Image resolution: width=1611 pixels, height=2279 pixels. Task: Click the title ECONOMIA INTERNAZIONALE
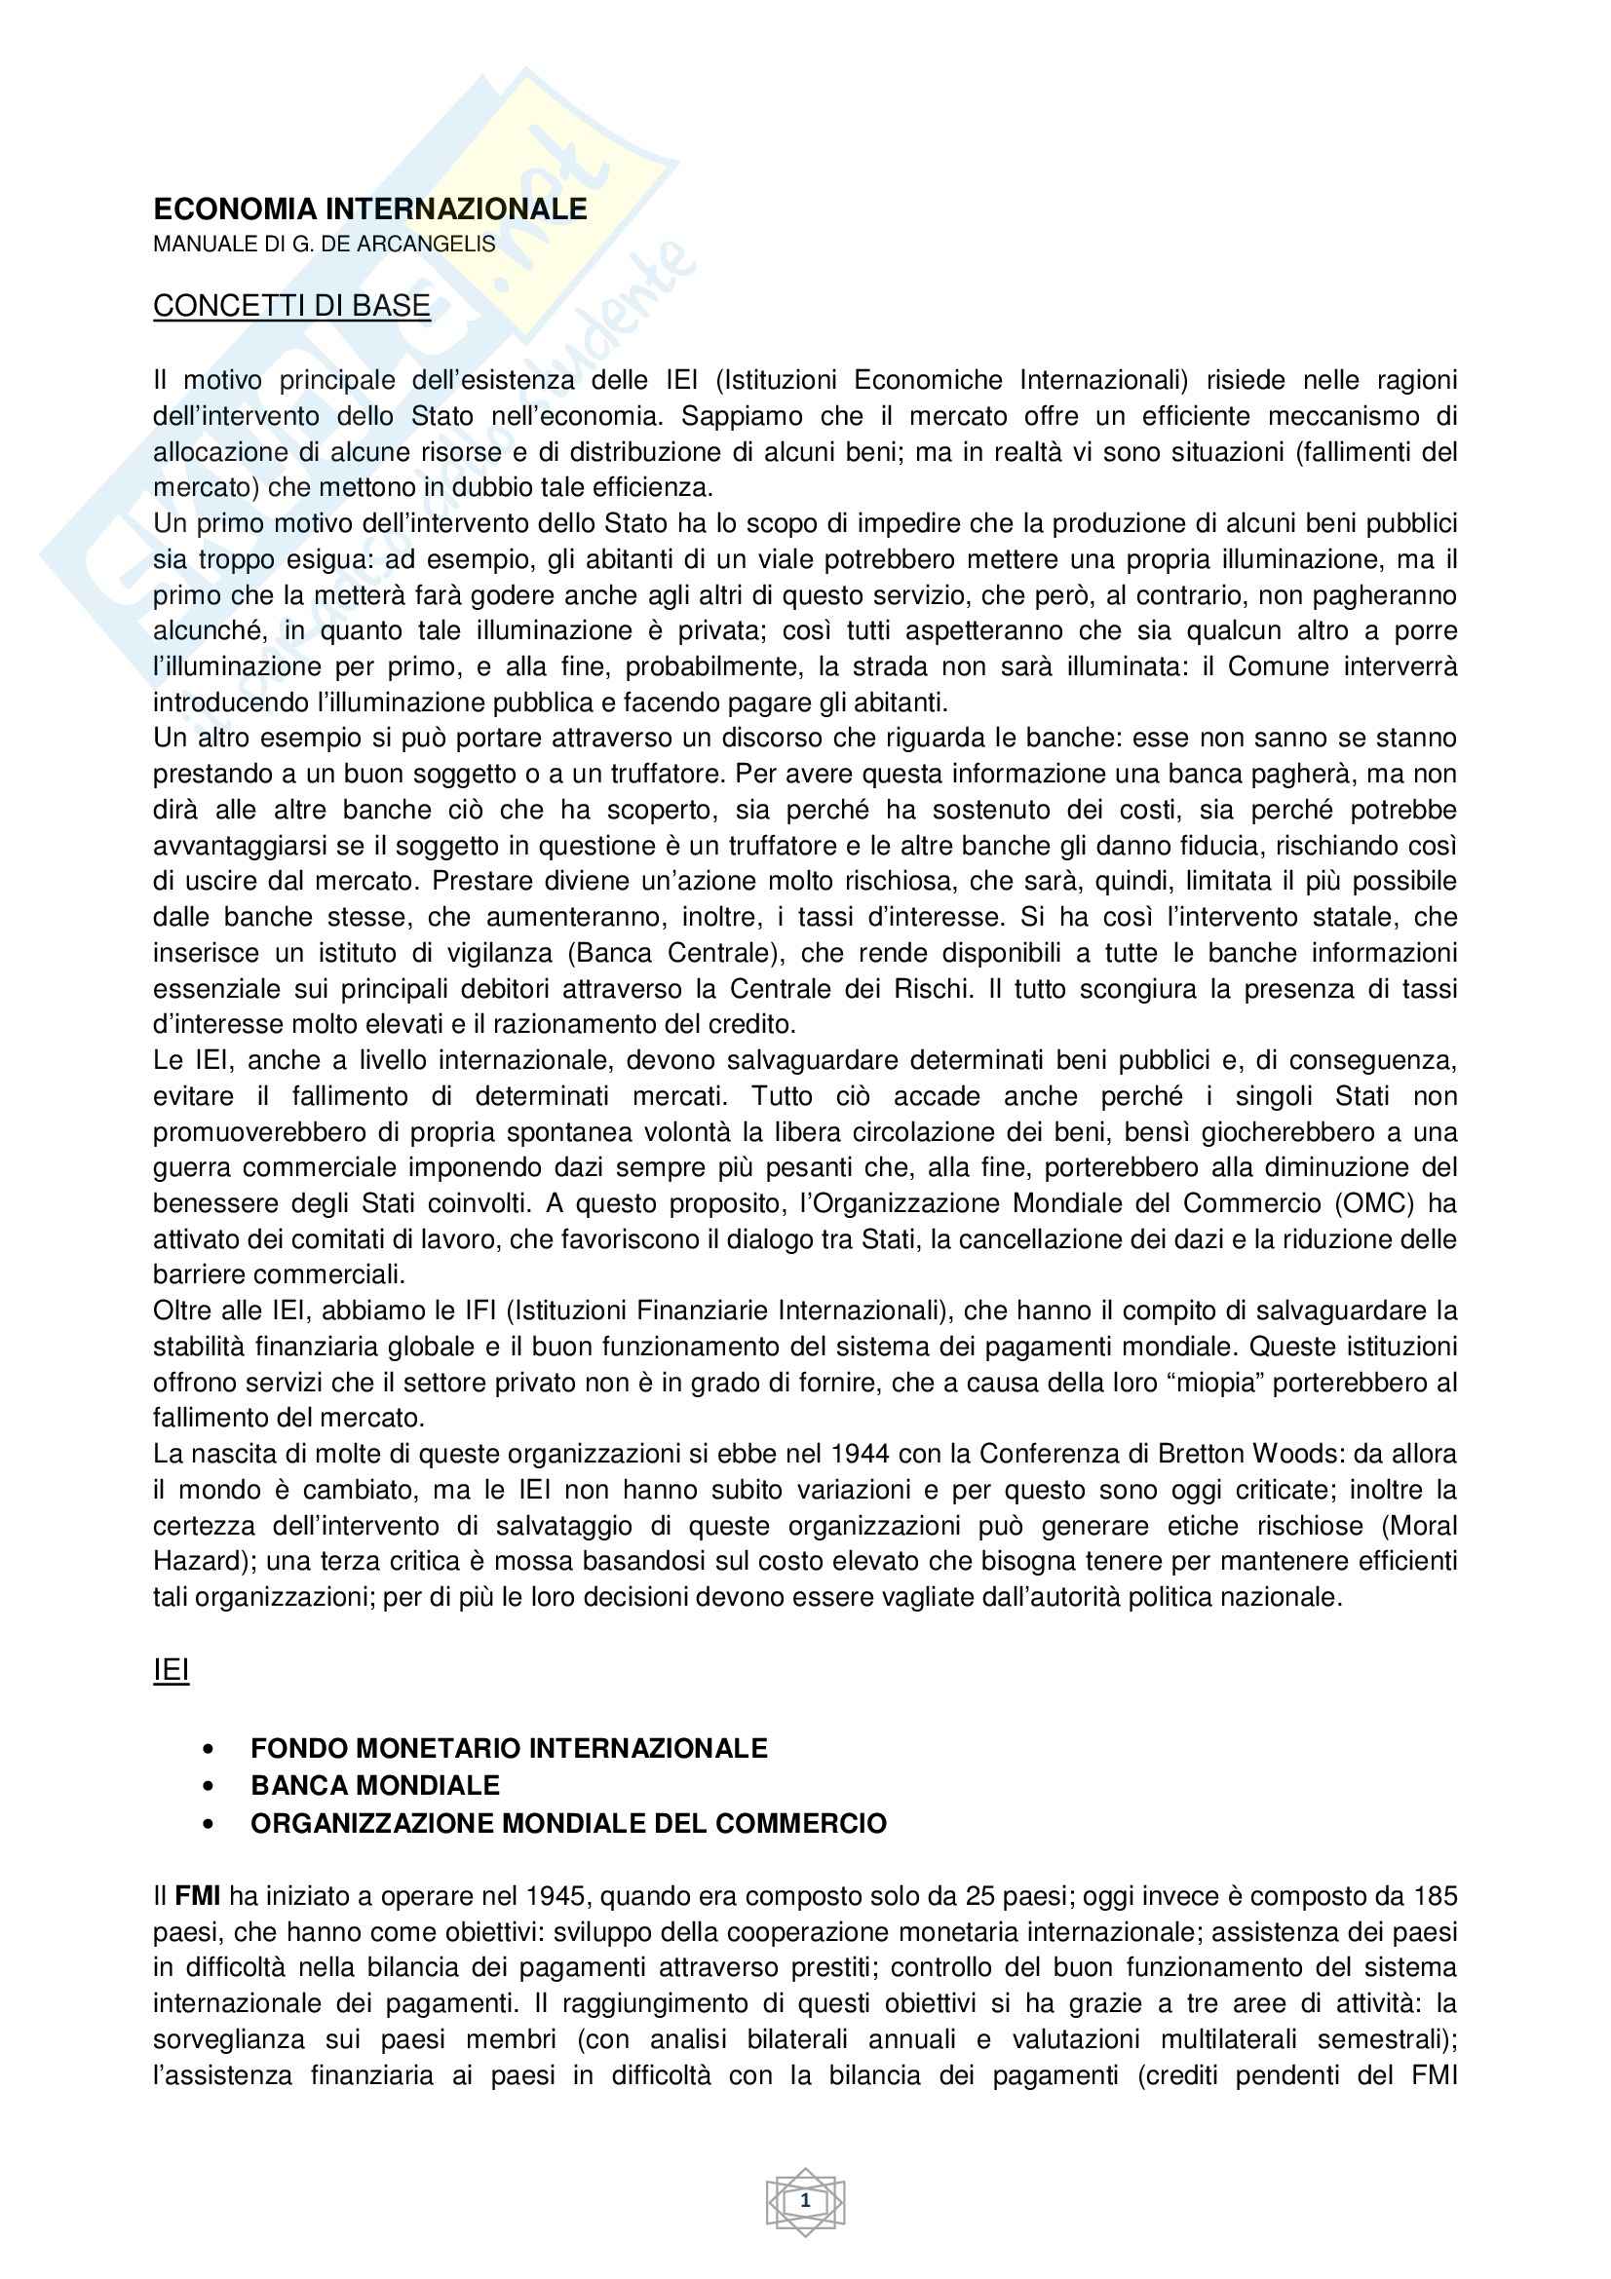click(x=369, y=209)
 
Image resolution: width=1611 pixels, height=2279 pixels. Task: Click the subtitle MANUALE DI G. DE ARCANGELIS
click(x=324, y=245)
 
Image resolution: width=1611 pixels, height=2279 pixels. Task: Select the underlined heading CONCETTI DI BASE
click(x=290, y=306)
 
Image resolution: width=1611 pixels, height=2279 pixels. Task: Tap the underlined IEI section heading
click(x=171, y=1671)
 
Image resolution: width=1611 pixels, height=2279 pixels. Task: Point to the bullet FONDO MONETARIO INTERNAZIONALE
click(x=508, y=1748)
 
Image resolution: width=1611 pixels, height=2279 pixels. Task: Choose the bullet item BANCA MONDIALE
click(x=374, y=1786)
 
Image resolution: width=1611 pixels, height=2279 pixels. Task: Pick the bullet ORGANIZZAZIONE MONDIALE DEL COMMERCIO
click(x=568, y=1823)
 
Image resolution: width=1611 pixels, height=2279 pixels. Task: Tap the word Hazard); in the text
click(x=206, y=1561)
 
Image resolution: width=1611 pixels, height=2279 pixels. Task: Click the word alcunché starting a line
click(x=202, y=631)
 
